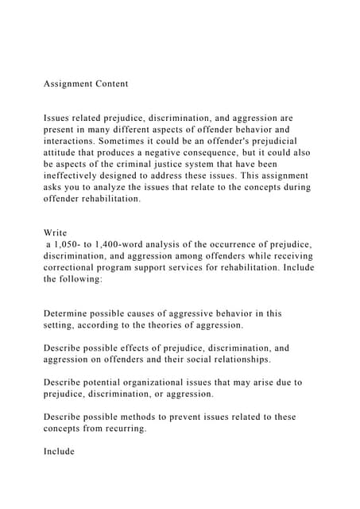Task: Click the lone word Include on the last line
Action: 60,451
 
